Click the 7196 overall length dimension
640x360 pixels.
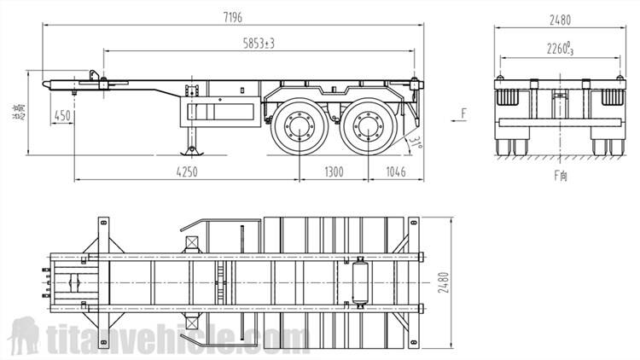click(232, 17)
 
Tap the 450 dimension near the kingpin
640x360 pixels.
click(61, 115)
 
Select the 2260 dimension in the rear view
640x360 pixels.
click(561, 49)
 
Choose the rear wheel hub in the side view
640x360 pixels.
click(369, 130)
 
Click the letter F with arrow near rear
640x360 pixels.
click(463, 112)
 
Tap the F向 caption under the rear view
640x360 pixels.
click(561, 175)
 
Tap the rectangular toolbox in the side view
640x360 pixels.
click(221, 111)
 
